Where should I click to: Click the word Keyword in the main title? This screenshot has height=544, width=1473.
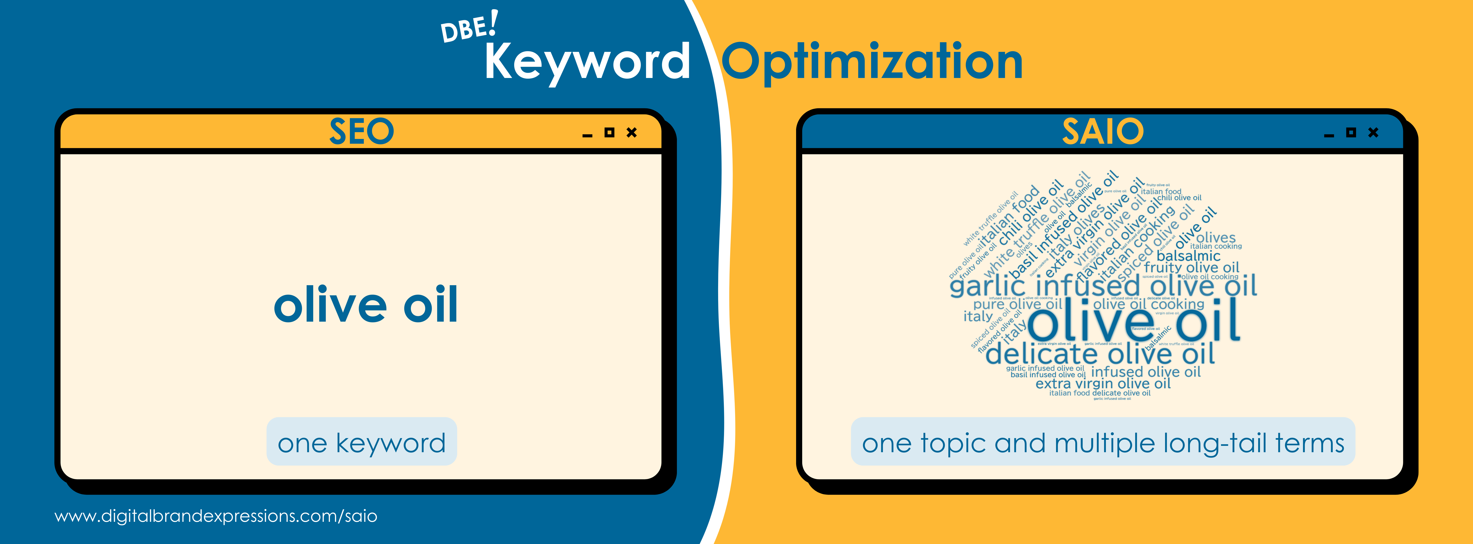click(587, 62)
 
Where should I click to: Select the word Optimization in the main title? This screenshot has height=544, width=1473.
click(872, 62)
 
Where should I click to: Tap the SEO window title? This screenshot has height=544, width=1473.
click(361, 131)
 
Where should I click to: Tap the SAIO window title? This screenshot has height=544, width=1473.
click(1102, 131)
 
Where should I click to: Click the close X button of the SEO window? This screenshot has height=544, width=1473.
click(631, 133)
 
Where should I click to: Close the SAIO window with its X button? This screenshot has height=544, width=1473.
click(1373, 133)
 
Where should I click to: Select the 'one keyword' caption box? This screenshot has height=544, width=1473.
click(361, 442)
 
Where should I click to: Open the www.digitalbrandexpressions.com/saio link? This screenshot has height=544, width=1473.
click(216, 516)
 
